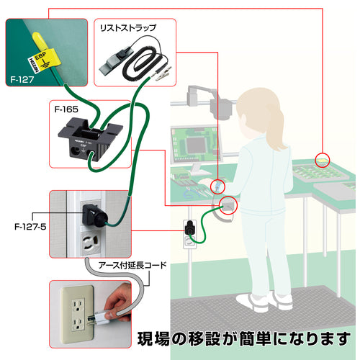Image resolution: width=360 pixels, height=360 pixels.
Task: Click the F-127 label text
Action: tap(22, 79)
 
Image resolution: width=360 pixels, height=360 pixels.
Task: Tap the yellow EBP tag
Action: tap(44, 61)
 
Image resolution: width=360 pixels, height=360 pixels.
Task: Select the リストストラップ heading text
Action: tap(128, 27)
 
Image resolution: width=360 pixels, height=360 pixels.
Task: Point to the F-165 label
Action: tap(66, 109)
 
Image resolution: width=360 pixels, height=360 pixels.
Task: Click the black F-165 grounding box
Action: tap(90, 139)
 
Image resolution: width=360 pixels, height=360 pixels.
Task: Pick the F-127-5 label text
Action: tap(30, 227)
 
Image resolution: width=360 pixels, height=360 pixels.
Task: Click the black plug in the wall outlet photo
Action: tap(94, 215)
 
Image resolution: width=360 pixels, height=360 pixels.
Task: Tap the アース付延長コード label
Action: tap(132, 265)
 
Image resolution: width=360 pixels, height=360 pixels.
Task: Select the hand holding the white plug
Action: tap(117, 303)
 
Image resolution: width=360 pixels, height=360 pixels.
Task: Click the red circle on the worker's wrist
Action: tap(217, 186)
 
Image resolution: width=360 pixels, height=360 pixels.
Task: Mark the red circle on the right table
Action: tap(322, 160)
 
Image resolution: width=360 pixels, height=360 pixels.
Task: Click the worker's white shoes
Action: tap(264, 301)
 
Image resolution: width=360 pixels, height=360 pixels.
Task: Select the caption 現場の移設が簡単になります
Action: tap(243, 339)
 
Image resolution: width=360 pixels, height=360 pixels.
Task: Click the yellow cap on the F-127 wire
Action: tap(39, 40)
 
